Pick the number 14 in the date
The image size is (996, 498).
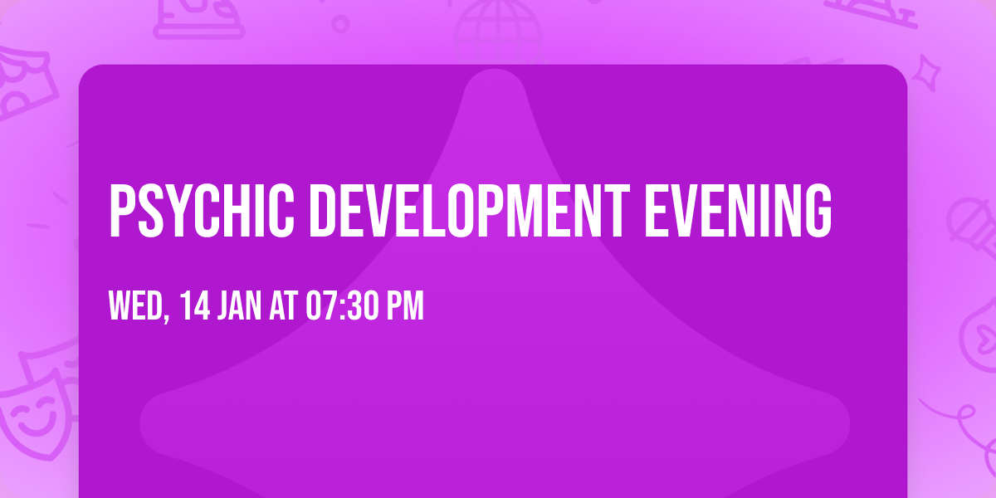(194, 307)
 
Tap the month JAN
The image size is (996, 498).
(242, 307)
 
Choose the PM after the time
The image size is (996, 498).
(406, 307)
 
